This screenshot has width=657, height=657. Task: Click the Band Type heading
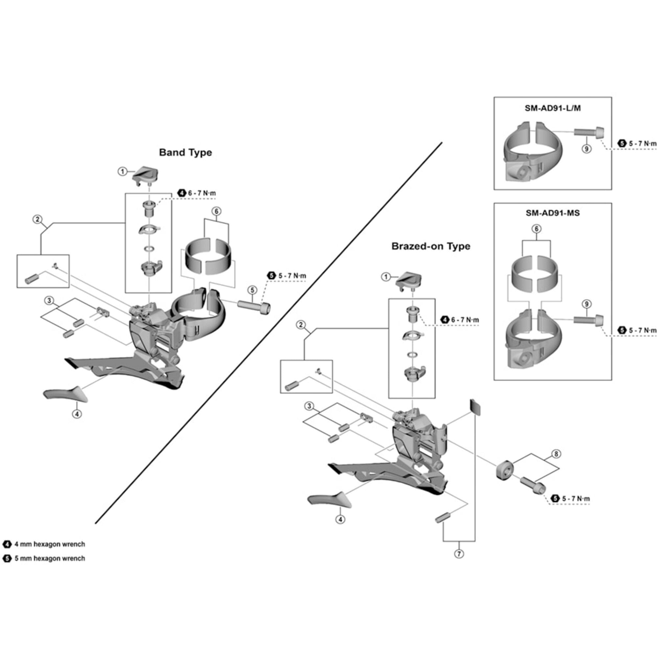185,152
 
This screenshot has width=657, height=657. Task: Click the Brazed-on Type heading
431,246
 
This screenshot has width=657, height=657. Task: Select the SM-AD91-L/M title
553,108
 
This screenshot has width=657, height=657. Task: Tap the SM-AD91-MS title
553,213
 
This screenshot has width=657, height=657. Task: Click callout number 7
459,554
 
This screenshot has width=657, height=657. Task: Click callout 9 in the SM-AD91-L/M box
587,148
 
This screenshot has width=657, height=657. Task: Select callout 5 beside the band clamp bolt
252,290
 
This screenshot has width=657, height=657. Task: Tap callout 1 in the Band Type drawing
123,171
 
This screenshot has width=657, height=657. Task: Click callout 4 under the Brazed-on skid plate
340,519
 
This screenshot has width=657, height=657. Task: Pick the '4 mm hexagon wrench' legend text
50,544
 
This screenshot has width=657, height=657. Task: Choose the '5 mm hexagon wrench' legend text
50,558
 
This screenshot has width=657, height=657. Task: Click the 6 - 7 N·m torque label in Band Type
202,193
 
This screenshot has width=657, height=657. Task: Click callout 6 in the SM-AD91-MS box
536,229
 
